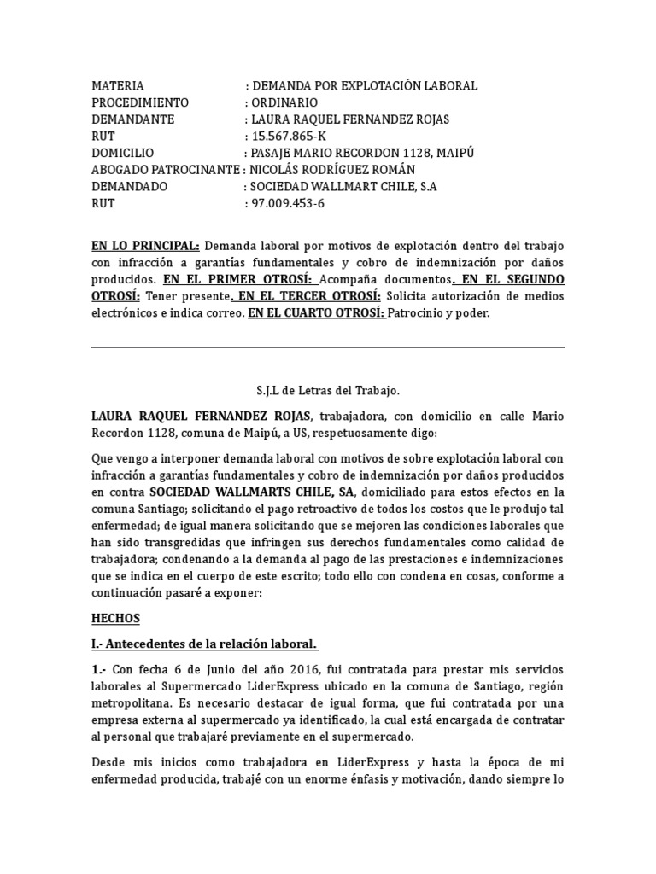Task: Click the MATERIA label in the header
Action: click(118, 86)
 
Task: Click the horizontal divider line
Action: click(328, 347)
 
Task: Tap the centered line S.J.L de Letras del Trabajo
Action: click(328, 391)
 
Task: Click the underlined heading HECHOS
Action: click(115, 617)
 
